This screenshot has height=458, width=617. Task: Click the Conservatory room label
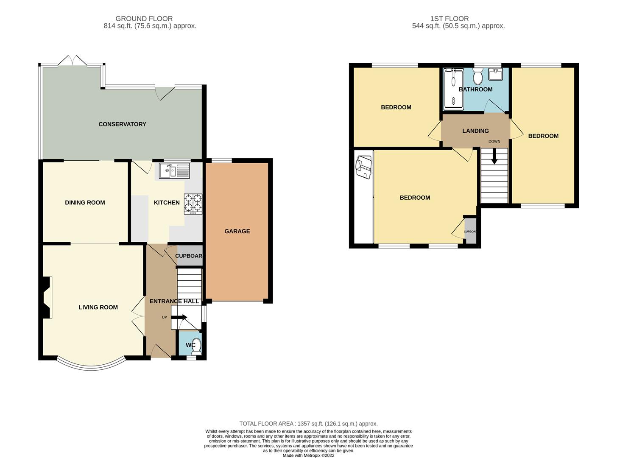click(122, 124)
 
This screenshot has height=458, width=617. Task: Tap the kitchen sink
click(174, 170)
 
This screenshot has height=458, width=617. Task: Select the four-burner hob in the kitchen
click(193, 204)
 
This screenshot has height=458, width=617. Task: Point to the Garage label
click(237, 231)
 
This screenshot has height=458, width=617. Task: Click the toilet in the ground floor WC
click(196, 346)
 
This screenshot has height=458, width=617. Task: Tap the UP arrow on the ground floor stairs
click(179, 317)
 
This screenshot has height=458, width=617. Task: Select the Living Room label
click(98, 307)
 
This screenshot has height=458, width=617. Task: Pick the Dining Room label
click(85, 203)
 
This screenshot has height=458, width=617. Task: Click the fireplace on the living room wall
click(47, 297)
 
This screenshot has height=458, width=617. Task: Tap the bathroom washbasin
click(495, 74)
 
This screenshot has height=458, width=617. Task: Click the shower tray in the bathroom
click(454, 89)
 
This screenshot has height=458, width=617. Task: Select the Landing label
click(475, 131)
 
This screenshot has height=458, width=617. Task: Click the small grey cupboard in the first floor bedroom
click(470, 231)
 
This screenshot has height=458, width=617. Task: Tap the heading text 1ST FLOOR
click(449, 19)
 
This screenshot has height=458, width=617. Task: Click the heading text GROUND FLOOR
click(144, 19)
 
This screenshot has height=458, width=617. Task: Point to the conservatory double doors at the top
click(73, 61)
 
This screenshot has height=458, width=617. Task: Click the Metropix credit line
click(309, 455)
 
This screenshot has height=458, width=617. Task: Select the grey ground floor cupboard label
click(189, 256)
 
